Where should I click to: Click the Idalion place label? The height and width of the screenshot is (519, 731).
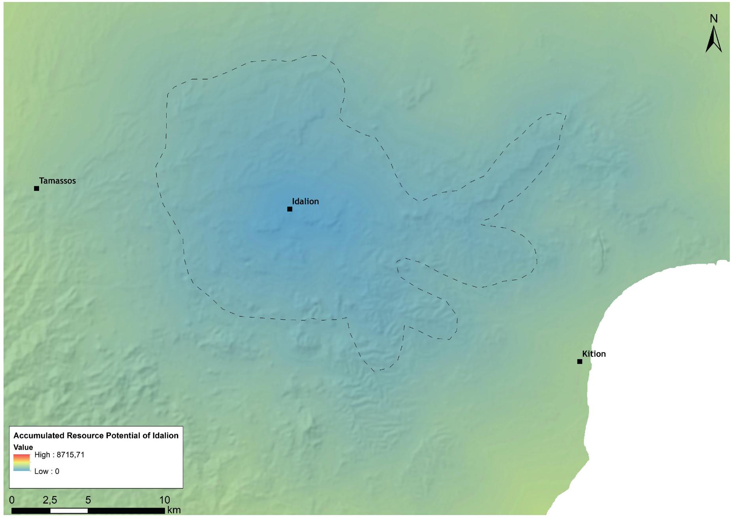305,201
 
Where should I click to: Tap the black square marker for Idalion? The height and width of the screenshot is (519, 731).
289,209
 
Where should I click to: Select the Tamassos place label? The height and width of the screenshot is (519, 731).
57,181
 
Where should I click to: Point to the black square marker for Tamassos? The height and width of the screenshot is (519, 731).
36,189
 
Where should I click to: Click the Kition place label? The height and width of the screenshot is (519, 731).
594,354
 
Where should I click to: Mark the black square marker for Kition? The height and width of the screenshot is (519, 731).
579,362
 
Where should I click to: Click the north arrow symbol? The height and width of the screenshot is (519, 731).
713,39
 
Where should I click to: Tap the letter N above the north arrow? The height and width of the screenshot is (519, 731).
713,19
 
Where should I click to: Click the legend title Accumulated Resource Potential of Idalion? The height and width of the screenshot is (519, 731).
96,436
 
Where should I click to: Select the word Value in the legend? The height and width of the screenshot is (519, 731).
23,447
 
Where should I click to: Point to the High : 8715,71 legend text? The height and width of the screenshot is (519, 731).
59,455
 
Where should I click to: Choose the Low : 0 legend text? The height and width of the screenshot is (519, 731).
47,471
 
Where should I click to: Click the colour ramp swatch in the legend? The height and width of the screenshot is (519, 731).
22,463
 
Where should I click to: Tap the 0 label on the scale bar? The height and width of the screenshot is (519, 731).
12,500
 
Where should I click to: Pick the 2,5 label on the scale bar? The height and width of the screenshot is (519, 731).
50,500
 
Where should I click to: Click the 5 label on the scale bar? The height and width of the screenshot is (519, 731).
88,500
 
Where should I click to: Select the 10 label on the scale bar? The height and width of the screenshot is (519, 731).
164,500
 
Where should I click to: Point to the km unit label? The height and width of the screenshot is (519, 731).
174,510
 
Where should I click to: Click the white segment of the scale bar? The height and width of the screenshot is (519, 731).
69,511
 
